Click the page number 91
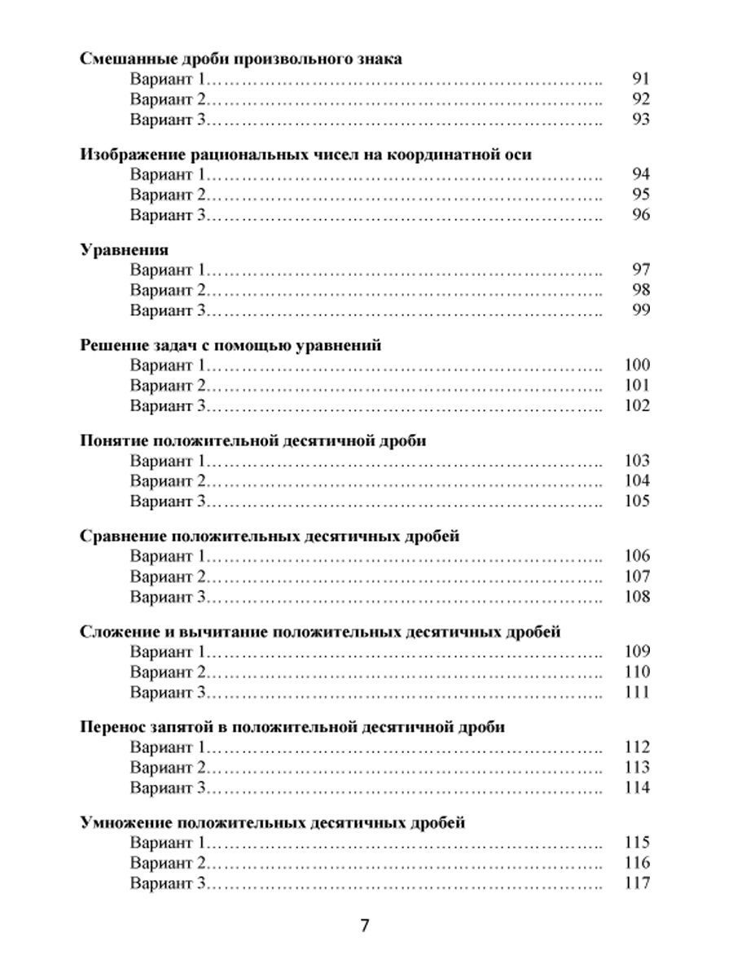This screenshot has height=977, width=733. [640, 79]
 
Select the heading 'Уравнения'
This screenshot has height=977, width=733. [124, 250]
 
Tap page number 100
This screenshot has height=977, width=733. [636, 366]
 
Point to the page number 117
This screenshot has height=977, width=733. [636, 883]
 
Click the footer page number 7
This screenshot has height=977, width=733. [366, 926]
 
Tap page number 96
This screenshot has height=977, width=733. [640, 215]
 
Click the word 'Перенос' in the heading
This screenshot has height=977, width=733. [112, 727]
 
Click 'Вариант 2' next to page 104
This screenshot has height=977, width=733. [167, 480]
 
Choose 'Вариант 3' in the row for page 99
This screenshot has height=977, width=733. [167, 310]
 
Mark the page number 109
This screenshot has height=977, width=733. [636, 651]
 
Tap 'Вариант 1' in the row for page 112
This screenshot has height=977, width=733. [167, 747]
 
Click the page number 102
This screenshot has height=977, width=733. [636, 405]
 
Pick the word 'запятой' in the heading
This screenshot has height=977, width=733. [181, 727]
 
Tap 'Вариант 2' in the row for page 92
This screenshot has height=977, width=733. [167, 99]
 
